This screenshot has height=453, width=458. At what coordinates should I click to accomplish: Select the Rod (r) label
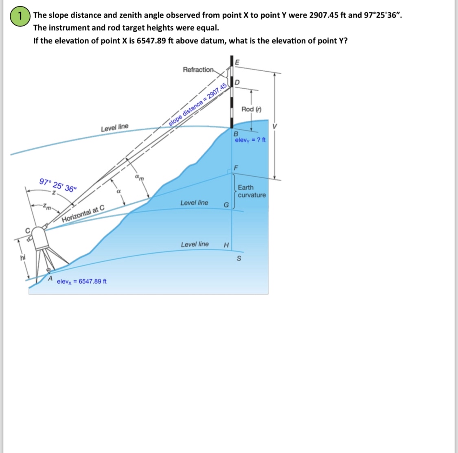251,109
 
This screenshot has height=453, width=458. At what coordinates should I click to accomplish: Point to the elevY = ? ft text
250,140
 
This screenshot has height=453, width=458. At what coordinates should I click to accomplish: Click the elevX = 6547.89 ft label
82,281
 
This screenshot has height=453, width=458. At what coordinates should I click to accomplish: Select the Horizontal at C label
83,214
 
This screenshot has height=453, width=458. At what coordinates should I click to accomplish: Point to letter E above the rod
238,62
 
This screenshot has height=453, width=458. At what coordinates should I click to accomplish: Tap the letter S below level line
239,258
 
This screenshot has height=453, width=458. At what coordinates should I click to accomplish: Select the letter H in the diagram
226,245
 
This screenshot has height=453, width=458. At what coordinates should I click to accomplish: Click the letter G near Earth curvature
226,204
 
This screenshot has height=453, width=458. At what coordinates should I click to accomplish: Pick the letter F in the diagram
236,168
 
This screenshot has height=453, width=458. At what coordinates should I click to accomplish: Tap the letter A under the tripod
50,279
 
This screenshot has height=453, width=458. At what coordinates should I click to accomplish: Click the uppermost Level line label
114,128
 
